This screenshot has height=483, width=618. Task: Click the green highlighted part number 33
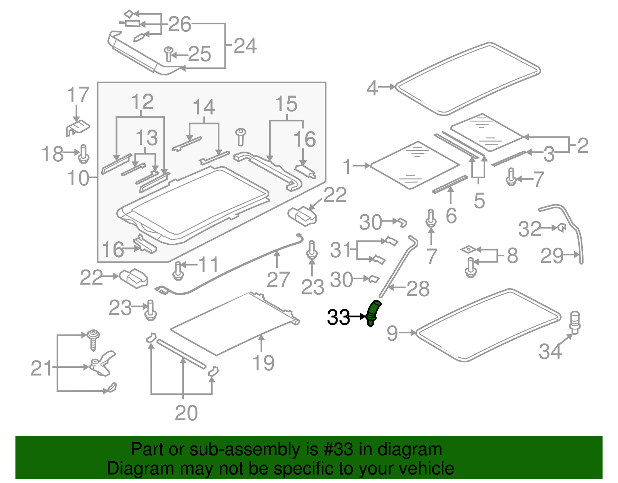point(373,312)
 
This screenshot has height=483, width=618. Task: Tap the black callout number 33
point(338,317)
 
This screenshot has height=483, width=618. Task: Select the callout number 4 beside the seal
point(372,88)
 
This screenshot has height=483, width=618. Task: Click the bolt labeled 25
point(168,54)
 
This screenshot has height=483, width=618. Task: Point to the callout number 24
point(245,46)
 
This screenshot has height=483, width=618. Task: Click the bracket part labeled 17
point(78,127)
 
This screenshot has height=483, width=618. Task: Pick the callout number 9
point(392,333)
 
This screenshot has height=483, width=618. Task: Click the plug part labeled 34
point(575,322)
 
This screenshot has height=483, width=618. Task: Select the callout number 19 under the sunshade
point(263,363)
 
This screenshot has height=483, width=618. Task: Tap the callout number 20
point(186,413)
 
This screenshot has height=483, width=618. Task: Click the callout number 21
point(41,368)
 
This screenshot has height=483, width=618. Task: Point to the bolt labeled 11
point(178,270)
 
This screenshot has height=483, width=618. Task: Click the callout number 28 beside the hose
point(418,289)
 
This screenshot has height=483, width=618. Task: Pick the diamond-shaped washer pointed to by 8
point(469,249)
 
